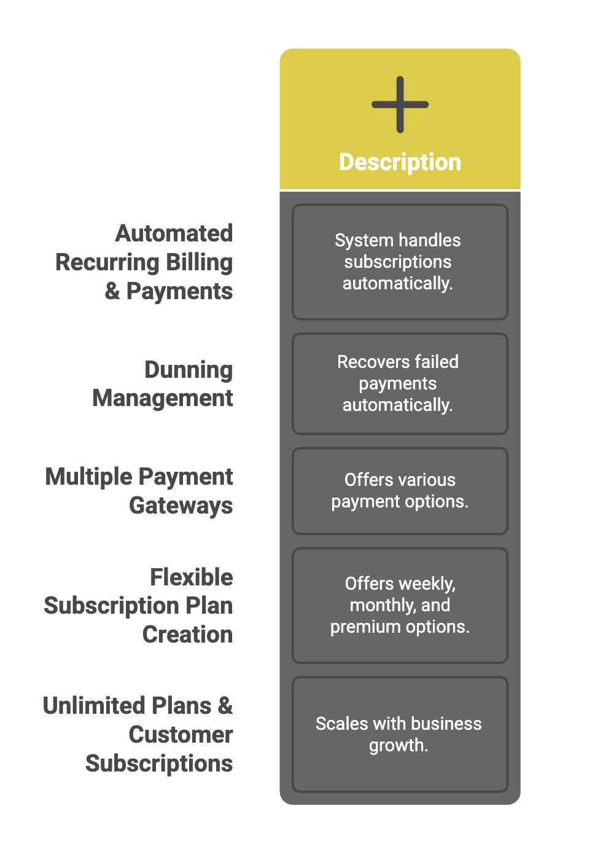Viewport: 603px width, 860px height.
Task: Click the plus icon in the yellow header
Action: [400, 104]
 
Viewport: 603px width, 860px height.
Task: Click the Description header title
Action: [400, 162]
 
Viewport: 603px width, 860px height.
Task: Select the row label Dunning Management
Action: [163, 384]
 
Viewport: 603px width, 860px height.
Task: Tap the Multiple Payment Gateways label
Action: [139, 491]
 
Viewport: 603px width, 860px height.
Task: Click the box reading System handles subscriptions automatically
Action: [400, 262]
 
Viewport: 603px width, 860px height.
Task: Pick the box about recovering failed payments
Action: [400, 384]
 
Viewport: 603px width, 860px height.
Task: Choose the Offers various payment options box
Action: [400, 491]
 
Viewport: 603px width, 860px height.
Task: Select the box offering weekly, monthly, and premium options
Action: [400, 605]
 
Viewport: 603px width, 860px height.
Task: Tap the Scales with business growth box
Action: [400, 735]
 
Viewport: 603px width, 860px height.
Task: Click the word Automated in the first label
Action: [174, 233]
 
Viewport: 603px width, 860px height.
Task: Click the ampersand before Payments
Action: [112, 291]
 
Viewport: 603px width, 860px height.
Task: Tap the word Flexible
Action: [192, 577]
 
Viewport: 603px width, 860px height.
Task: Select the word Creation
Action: [187, 635]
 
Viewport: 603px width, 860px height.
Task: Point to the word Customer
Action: [181, 735]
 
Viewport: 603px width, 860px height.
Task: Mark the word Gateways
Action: [181, 506]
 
